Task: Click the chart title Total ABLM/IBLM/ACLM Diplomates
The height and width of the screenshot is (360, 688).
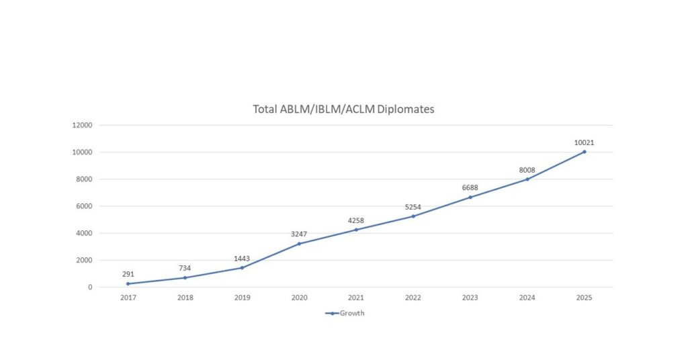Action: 343,109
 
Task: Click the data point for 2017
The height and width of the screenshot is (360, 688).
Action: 128,283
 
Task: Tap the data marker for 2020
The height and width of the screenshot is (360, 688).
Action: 299,243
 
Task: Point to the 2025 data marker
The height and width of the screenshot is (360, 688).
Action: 584,152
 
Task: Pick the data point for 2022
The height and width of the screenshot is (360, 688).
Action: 413,216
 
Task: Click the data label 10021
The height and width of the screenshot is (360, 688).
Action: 584,142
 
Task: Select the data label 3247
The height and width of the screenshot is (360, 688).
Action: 299,234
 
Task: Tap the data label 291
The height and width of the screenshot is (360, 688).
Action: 128,274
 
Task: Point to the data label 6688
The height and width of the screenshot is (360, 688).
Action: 470,187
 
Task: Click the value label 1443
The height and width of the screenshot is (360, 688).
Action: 242,259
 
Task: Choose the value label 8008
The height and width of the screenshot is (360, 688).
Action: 527,170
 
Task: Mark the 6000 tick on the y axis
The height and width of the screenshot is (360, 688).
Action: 83,206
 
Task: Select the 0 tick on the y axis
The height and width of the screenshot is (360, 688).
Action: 89,287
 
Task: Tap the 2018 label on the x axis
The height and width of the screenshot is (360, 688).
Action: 185,298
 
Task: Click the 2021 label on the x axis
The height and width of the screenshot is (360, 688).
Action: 356,298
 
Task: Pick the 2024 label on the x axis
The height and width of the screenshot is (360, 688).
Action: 527,298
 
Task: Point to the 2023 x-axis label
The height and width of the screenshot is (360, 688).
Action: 470,298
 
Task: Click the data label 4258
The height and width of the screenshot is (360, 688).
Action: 356,220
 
